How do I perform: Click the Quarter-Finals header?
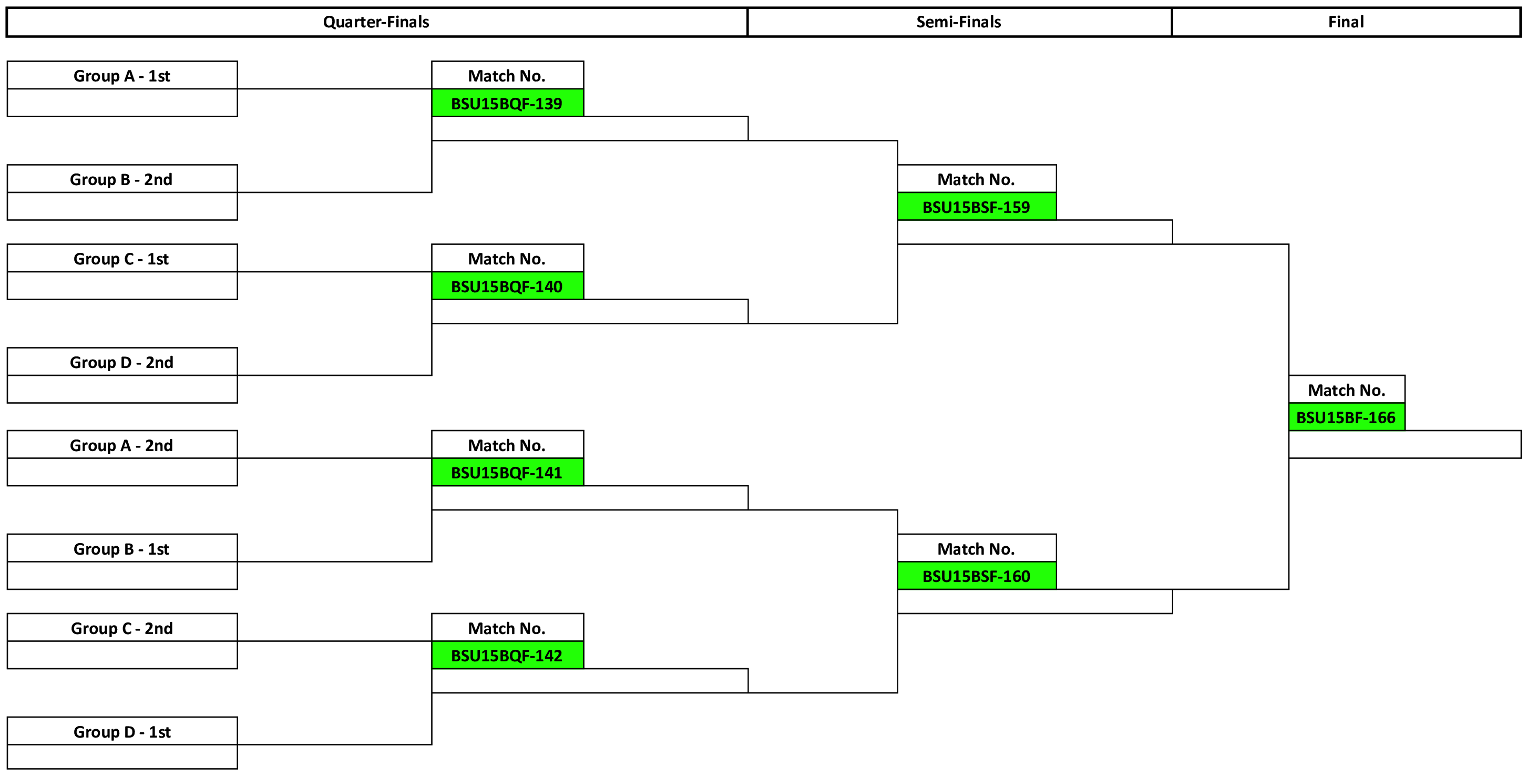coord(376,22)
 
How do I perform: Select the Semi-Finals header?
coord(959,22)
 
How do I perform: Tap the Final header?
coord(1346,22)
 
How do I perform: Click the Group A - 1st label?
coord(122,76)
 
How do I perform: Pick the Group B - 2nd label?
coord(121,180)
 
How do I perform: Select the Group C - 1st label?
coord(121,259)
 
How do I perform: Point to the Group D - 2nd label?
coord(122,362)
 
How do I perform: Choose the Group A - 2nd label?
coord(121,446)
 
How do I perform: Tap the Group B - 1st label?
coord(121,549)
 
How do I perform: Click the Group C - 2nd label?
coord(122,628)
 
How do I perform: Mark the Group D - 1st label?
coord(122,732)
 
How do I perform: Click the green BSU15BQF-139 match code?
coord(507,103)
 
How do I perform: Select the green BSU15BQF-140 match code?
coord(507,287)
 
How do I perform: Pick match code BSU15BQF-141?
coord(507,473)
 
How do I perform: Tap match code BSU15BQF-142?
coord(507,656)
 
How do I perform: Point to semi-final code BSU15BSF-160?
coord(977,576)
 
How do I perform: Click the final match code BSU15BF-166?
coord(1347,417)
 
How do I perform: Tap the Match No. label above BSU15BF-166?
coord(1347,390)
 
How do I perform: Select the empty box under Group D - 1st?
coord(122,757)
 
